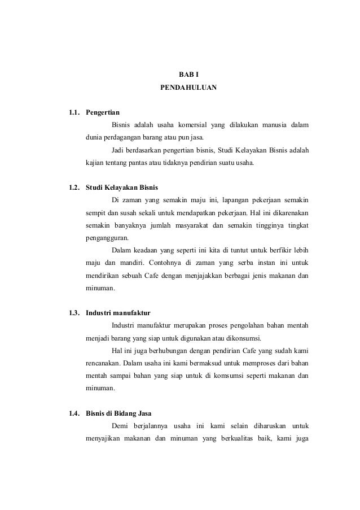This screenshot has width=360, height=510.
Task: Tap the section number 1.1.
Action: click(x=74, y=111)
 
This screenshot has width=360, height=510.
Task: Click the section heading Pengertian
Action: click(x=103, y=111)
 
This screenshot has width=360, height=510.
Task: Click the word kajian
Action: click(x=94, y=164)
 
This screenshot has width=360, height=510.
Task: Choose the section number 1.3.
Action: click(x=74, y=312)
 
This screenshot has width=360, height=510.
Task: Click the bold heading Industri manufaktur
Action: click(x=118, y=312)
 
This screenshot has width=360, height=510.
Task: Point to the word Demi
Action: click(x=120, y=426)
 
